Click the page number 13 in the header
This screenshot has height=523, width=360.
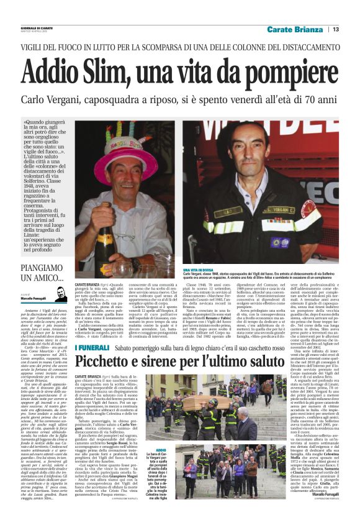[336, 29]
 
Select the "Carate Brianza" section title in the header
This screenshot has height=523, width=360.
[295, 29]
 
